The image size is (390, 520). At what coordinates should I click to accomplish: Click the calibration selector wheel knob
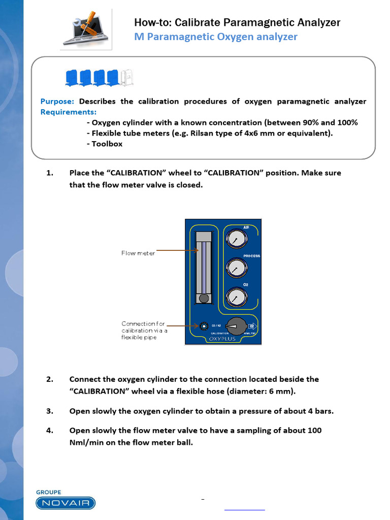[235, 326]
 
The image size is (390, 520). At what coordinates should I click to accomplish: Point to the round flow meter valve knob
[204, 299]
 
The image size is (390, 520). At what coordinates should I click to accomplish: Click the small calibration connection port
[204, 326]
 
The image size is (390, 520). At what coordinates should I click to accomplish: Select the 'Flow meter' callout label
[138, 253]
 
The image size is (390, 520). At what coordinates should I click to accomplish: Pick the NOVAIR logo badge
[66, 503]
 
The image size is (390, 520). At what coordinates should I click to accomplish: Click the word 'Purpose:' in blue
[57, 101]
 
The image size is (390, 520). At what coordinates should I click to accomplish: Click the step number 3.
[49, 411]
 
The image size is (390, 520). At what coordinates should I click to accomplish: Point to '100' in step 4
[314, 431]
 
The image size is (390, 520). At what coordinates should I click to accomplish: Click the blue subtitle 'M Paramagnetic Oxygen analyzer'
[216, 37]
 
